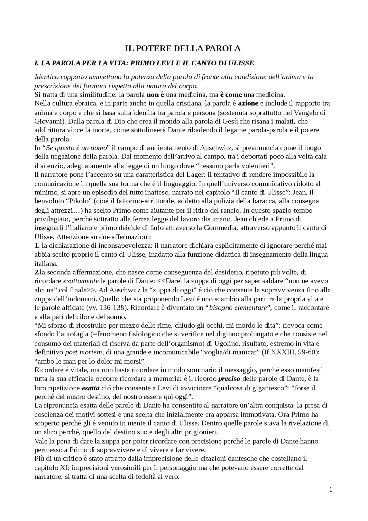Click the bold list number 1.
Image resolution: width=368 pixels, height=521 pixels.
pyautogui.click(x=37, y=246)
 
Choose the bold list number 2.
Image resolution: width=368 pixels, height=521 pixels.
pyautogui.click(x=37, y=272)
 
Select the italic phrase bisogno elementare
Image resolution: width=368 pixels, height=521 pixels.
pyautogui.click(x=238, y=308)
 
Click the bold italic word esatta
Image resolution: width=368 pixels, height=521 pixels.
pyautogui.click(x=91, y=388)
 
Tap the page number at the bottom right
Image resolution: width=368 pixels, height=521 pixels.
pyautogui.click(x=331, y=490)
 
